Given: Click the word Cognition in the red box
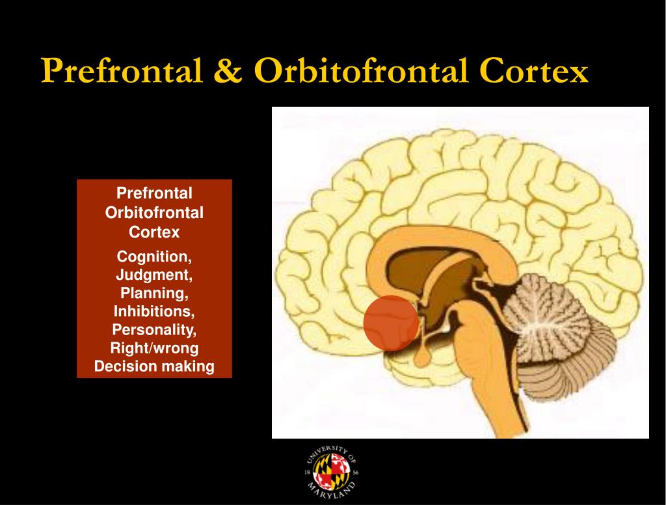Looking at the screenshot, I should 153,256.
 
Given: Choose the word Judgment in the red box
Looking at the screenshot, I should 153,275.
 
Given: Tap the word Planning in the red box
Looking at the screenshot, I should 153,293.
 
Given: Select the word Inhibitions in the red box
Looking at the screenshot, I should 153,311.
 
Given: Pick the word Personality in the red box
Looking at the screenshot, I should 153,329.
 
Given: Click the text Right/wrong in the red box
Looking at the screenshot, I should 153,348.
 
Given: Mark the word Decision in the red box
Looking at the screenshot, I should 125,366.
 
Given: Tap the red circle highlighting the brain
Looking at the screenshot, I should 390,323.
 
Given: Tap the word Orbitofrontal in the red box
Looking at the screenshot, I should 153,213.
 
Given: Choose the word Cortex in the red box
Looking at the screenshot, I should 153,232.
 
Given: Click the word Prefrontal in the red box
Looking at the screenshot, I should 153,193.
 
